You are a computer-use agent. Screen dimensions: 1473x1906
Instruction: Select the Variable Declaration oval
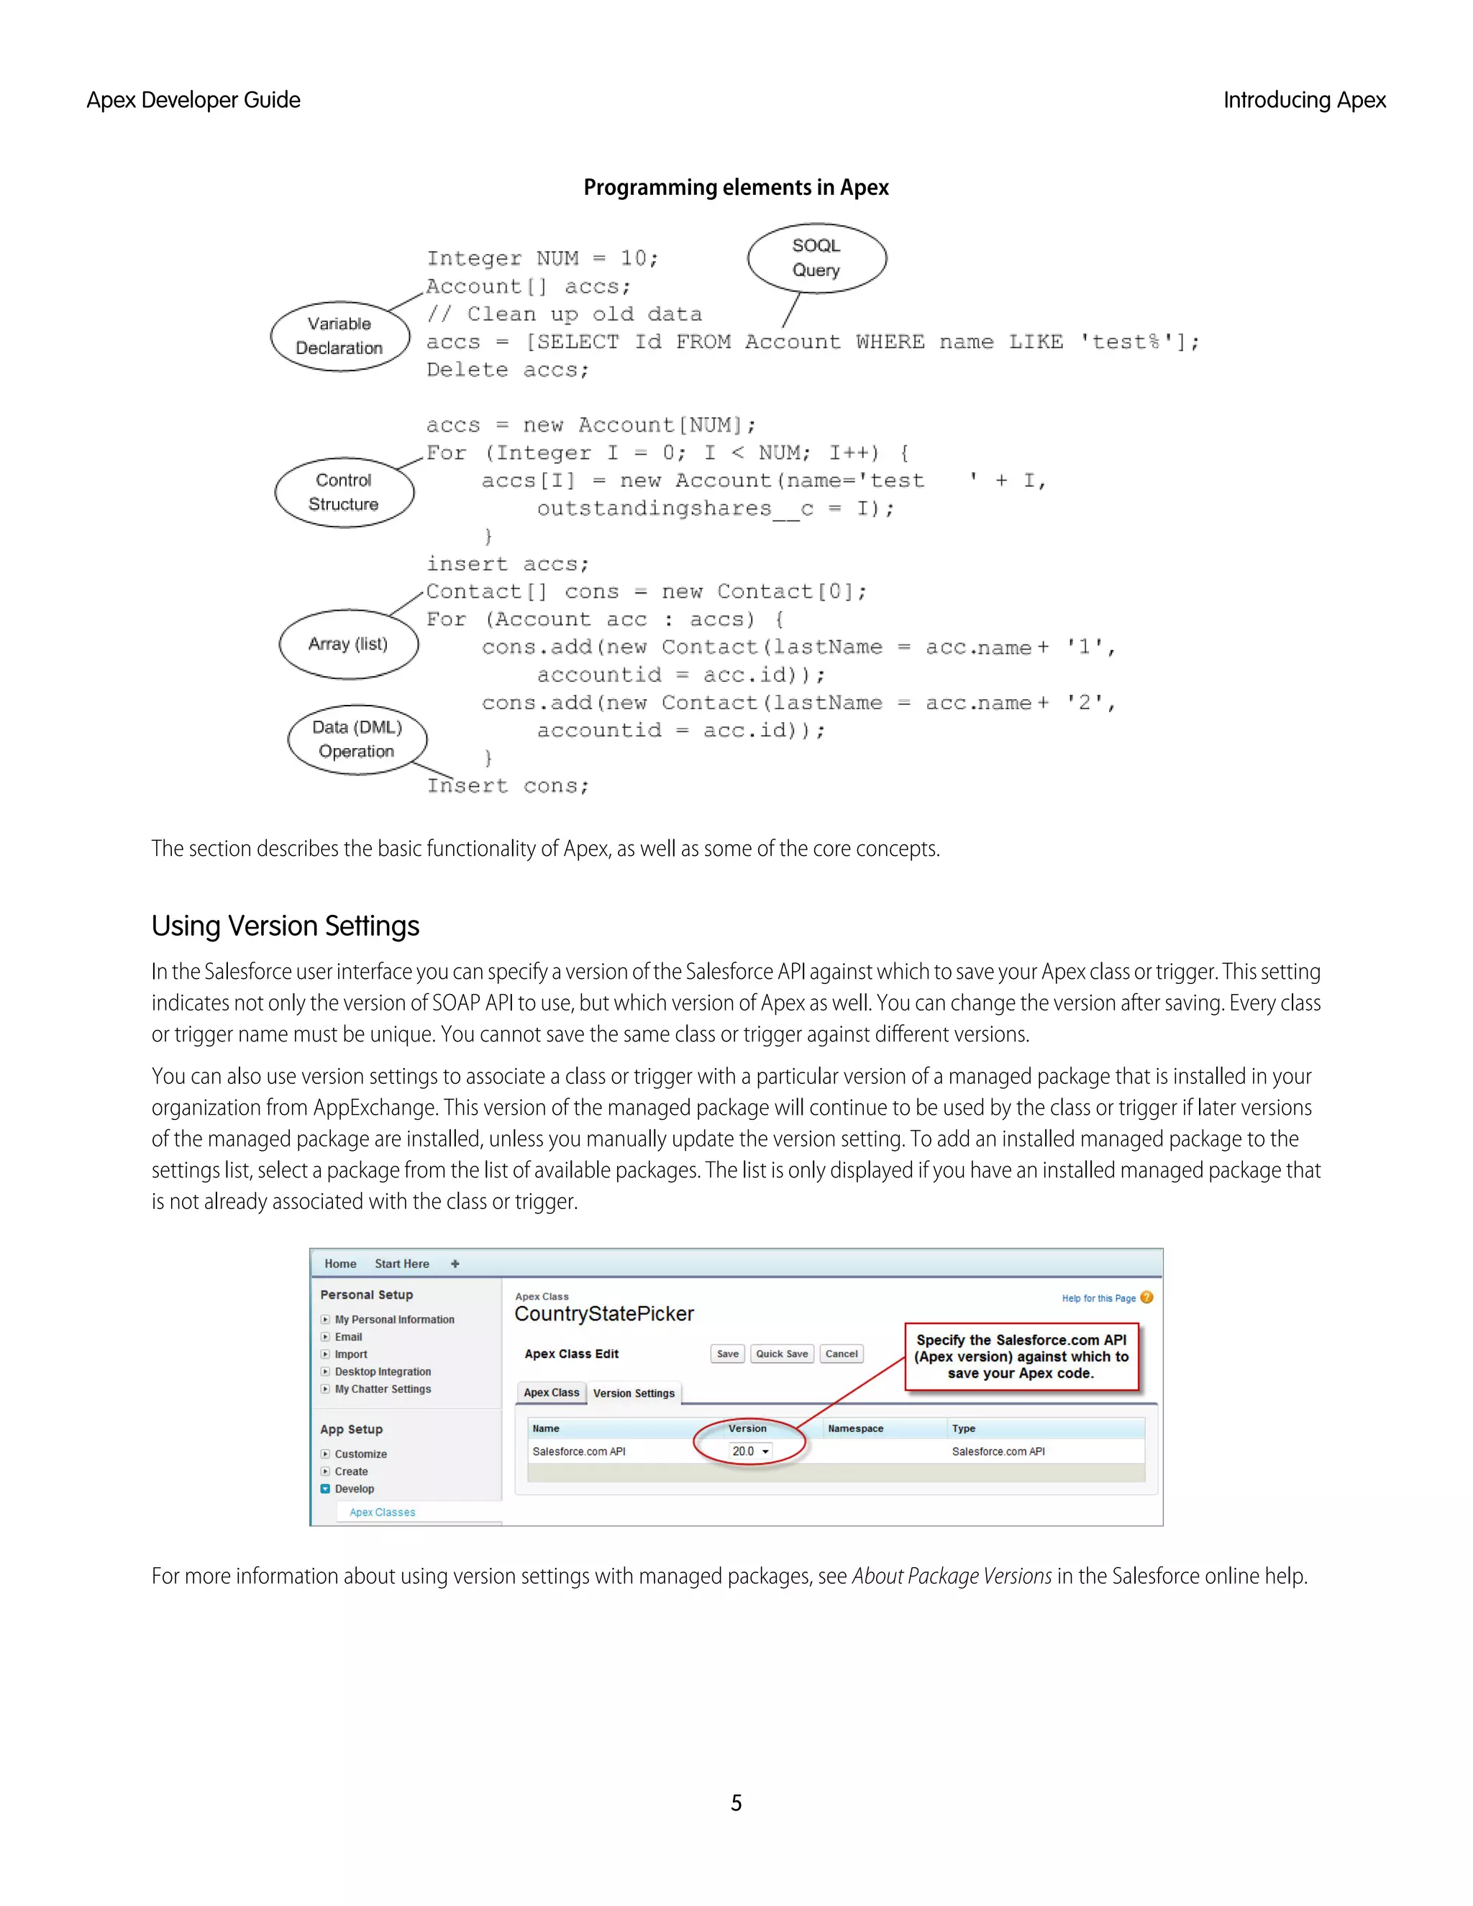(339, 336)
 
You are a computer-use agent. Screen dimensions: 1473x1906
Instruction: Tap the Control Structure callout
(344, 492)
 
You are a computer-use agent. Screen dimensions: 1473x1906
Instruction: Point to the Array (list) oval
(348, 644)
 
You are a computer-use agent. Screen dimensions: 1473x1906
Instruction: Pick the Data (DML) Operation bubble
(357, 739)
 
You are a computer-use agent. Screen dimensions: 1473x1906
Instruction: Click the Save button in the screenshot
(727, 1354)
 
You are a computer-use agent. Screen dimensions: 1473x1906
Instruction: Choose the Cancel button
(842, 1354)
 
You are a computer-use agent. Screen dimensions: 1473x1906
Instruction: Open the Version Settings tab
(634, 1393)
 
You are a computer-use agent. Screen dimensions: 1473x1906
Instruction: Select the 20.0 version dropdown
(750, 1451)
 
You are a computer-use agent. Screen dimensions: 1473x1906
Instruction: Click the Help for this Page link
(1099, 1298)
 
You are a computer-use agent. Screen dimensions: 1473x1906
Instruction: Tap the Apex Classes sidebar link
(382, 1513)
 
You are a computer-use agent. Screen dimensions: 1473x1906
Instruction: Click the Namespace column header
(855, 1428)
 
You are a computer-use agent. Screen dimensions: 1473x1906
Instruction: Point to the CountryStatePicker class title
(604, 1314)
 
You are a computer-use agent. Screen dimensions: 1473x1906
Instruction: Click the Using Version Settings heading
(286, 926)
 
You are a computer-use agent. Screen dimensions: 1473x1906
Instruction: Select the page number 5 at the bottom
(736, 1803)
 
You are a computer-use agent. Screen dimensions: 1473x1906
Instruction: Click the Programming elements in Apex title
(736, 188)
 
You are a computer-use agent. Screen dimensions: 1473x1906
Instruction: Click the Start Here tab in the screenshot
(401, 1264)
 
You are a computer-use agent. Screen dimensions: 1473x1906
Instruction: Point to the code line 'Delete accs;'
(508, 370)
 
